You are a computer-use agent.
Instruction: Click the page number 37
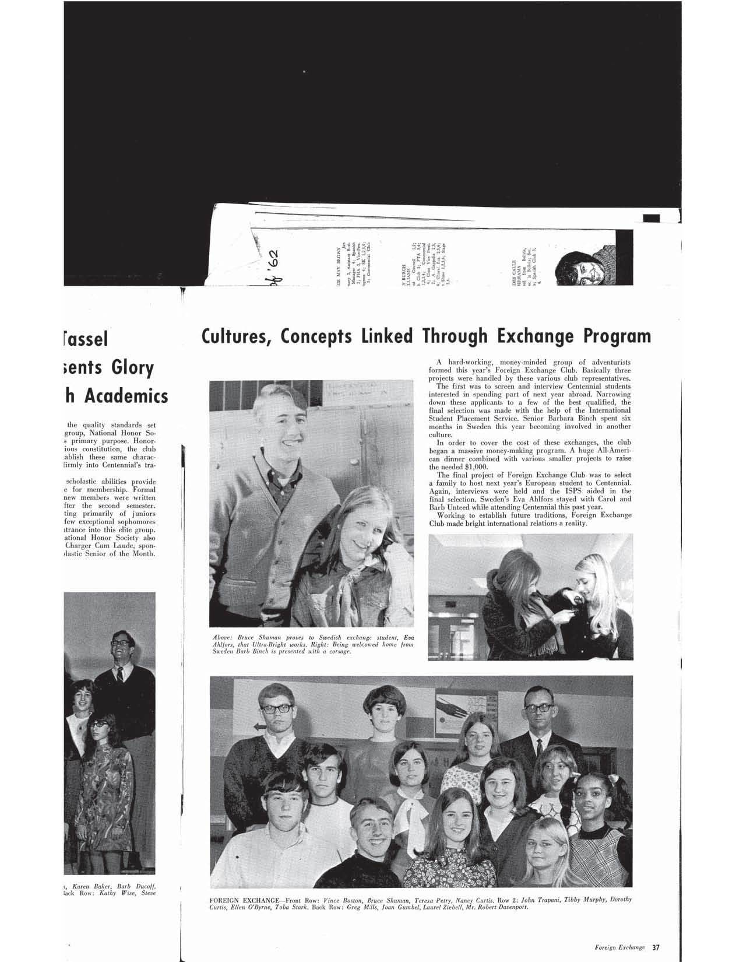[x=657, y=946]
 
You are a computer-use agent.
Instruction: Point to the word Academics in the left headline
[x=126, y=396]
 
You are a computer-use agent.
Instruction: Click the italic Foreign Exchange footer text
[x=619, y=946]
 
